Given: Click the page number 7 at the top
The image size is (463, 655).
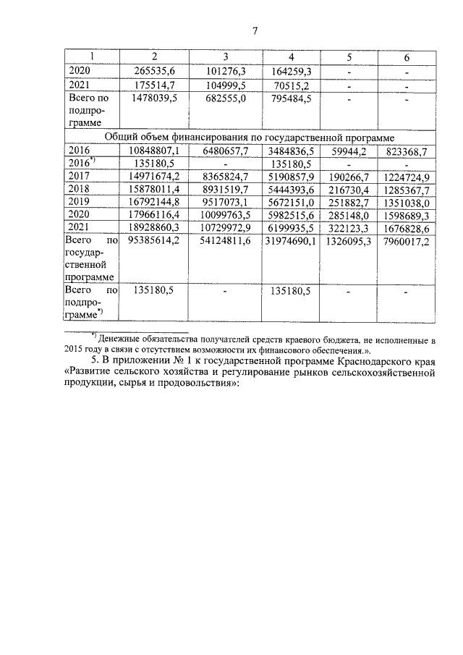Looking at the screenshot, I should coord(254,30).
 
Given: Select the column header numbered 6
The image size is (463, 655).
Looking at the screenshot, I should coord(406,57).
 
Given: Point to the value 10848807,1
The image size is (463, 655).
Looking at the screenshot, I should coord(154,151).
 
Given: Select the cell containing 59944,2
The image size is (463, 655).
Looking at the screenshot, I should coord(348,151).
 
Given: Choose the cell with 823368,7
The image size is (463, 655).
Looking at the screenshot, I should coord(407,151).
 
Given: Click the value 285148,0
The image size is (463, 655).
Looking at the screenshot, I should coord(347,215).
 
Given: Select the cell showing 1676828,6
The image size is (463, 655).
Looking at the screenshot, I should coord(407,228).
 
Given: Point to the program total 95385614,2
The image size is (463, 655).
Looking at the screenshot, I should coord(154,241).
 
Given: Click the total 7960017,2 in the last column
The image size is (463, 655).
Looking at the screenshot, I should coord(407,241).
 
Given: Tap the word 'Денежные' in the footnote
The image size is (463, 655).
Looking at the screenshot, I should coord(124,338).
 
